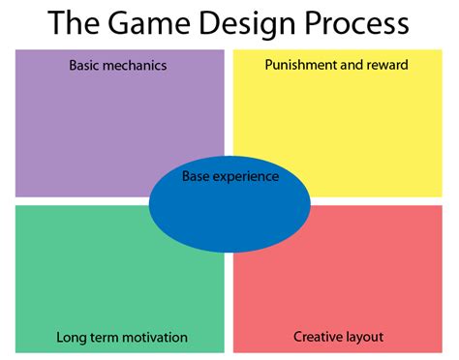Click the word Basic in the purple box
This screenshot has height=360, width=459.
click(x=84, y=66)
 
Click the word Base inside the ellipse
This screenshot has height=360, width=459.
click(x=198, y=176)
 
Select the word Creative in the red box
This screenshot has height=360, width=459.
click(x=317, y=338)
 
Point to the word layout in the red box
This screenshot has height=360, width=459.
click(x=365, y=338)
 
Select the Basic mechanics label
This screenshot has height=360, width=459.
click(x=117, y=66)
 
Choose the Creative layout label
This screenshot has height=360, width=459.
click(x=338, y=338)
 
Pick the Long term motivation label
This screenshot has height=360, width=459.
click(x=122, y=338)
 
